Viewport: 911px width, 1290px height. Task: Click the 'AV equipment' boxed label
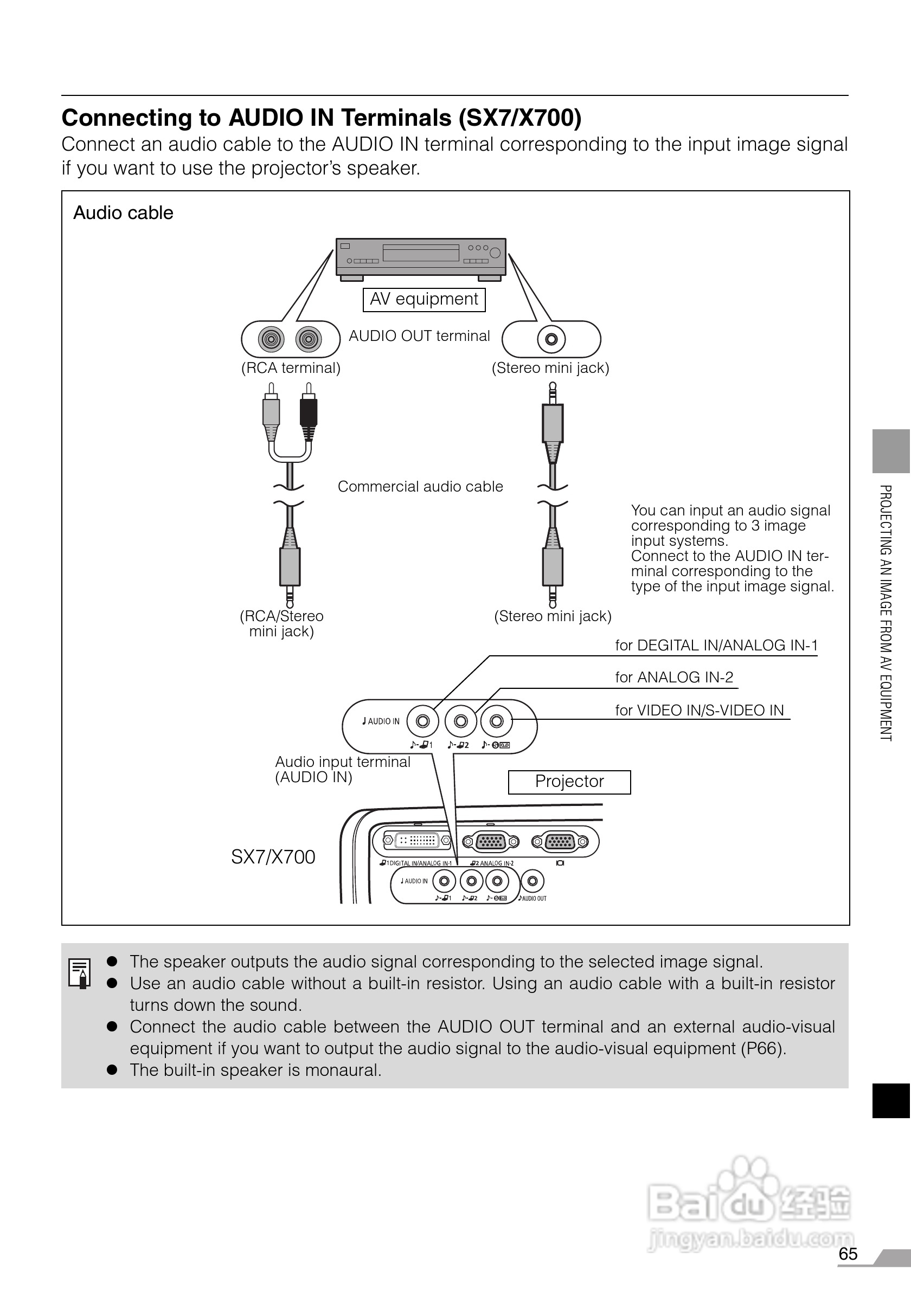(x=424, y=299)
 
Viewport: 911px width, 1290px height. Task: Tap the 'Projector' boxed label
(x=569, y=782)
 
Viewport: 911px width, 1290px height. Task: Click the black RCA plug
(x=308, y=414)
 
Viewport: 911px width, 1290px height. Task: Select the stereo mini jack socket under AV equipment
(x=551, y=339)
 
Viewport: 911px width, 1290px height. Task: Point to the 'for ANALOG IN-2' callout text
(x=674, y=678)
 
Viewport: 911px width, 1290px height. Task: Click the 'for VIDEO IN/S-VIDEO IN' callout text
(x=699, y=711)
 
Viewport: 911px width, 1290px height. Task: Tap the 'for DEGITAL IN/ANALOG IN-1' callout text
(x=716, y=646)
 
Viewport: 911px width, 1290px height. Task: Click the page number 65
(x=848, y=1254)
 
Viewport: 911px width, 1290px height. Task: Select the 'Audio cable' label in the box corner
(x=123, y=213)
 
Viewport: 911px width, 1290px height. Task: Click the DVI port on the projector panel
(x=416, y=841)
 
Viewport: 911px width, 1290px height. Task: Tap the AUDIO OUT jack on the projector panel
(x=532, y=881)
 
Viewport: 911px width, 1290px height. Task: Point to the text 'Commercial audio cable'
(x=420, y=487)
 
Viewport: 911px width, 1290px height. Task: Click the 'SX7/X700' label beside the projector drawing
(x=273, y=857)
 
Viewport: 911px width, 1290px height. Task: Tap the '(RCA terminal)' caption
(x=291, y=368)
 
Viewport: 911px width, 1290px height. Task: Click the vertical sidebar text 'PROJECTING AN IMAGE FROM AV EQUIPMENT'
(x=885, y=612)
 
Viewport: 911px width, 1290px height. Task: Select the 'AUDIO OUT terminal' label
(x=419, y=336)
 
